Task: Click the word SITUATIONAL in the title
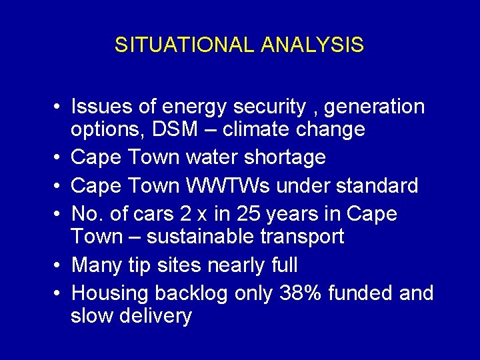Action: click(185, 45)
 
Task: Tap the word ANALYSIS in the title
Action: click(313, 45)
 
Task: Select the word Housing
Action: click(110, 293)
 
